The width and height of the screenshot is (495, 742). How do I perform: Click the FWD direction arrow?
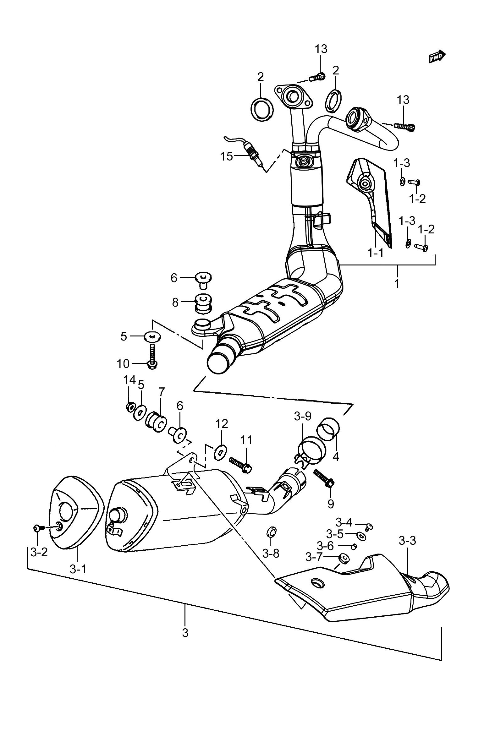(437, 56)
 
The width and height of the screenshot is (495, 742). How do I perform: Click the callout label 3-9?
(303, 417)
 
